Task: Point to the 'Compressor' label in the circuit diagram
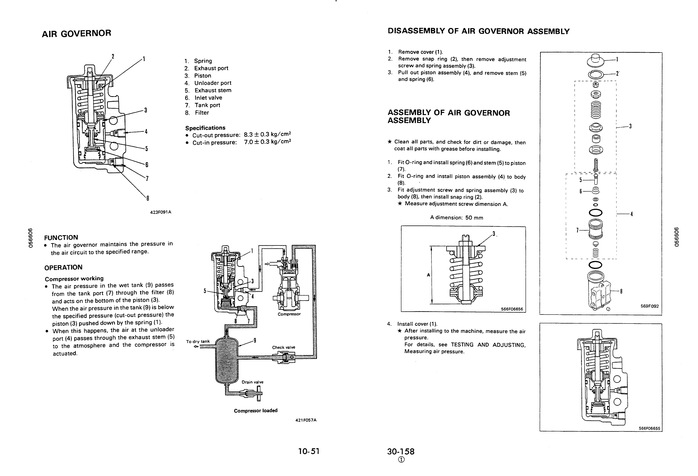(289, 314)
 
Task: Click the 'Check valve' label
(283, 347)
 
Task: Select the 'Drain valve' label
(252, 382)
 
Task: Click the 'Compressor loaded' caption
(256, 410)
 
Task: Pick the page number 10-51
(308, 451)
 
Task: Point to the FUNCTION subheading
(61, 238)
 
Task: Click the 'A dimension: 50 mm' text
(456, 217)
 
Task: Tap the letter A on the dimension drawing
(428, 275)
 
